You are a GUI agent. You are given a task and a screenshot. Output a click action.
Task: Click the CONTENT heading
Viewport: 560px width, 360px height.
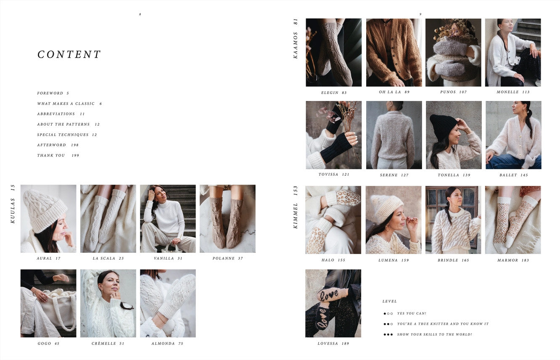[x=69, y=55]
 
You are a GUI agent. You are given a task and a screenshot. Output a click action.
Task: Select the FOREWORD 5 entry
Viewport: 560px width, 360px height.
[x=53, y=93]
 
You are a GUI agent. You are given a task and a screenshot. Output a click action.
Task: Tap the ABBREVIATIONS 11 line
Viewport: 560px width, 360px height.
[x=61, y=114]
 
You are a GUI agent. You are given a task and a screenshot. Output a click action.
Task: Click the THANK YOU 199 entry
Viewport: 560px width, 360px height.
[x=58, y=156]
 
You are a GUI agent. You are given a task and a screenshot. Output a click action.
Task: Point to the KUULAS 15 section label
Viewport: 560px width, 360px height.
[x=13, y=204]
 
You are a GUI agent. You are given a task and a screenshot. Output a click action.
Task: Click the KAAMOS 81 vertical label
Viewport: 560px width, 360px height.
[x=296, y=38]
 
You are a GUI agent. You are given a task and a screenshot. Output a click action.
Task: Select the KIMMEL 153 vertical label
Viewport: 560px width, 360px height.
[x=296, y=207]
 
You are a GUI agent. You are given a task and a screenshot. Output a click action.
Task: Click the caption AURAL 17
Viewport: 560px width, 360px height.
[x=48, y=259]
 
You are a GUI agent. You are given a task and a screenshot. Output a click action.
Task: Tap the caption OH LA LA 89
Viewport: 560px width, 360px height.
[x=394, y=92]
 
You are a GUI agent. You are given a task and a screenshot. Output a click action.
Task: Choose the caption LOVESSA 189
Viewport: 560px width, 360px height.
[x=333, y=344]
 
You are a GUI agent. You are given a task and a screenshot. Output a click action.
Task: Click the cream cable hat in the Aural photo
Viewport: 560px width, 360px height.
[x=44, y=208]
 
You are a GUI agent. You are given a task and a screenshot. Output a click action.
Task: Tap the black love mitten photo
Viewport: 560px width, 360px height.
[x=333, y=303]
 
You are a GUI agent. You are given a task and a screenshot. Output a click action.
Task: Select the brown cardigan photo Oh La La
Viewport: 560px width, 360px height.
[x=394, y=53]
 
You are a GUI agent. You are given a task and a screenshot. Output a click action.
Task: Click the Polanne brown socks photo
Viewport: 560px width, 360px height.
[x=227, y=219]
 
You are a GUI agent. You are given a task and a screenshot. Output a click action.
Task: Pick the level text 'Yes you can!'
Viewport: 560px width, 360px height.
[x=412, y=314]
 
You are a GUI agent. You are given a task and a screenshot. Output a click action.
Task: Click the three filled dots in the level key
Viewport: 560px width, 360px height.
[x=388, y=335]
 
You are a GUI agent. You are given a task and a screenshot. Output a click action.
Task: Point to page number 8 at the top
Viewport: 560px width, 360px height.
[x=140, y=14]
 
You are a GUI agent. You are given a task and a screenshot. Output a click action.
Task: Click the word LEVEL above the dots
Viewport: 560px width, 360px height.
[x=389, y=302]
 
